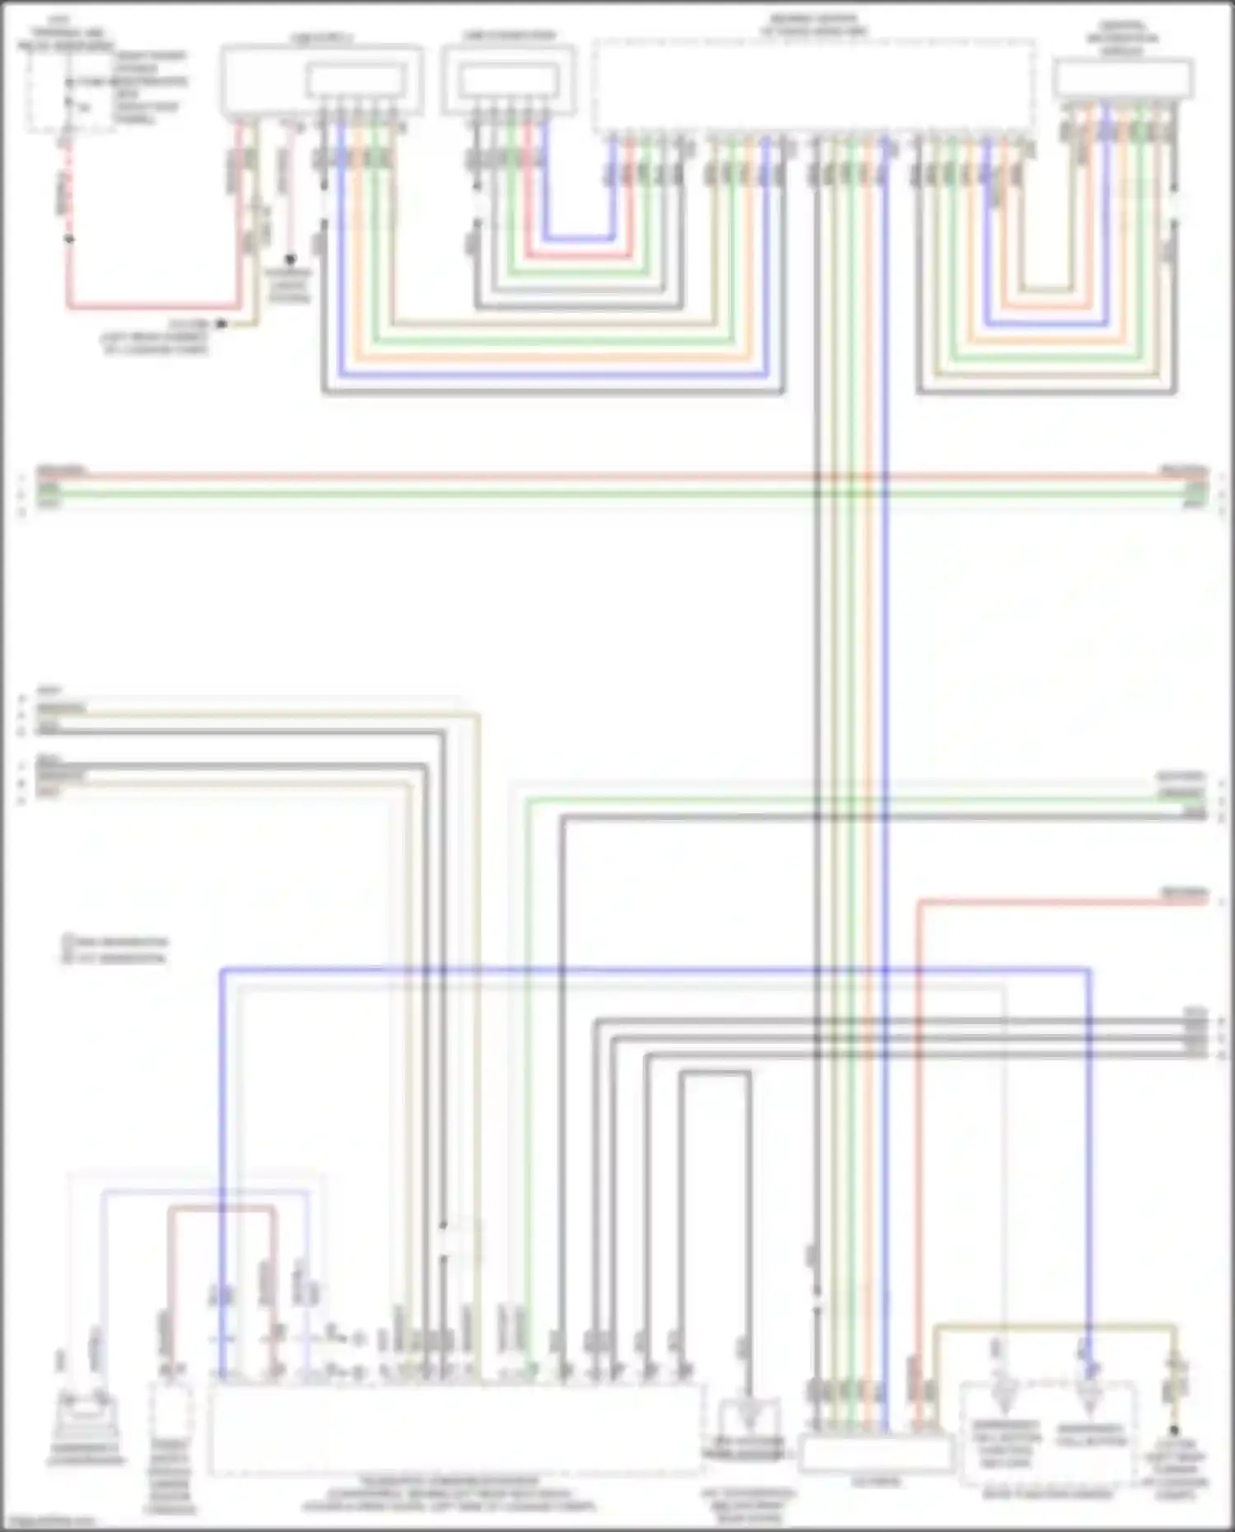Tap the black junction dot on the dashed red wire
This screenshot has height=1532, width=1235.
click(x=69, y=240)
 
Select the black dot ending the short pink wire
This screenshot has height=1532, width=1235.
click(x=290, y=259)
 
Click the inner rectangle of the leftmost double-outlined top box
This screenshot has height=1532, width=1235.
click(x=355, y=81)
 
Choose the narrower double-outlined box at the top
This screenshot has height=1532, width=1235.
click(x=508, y=80)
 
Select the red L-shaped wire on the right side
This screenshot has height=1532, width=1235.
click(x=920, y=1070)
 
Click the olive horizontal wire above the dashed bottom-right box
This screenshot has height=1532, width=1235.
click(x=1054, y=1326)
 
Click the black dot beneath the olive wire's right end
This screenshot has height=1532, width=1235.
click(x=1175, y=1431)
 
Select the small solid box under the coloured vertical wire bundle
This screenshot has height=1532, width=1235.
click(x=876, y=1455)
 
